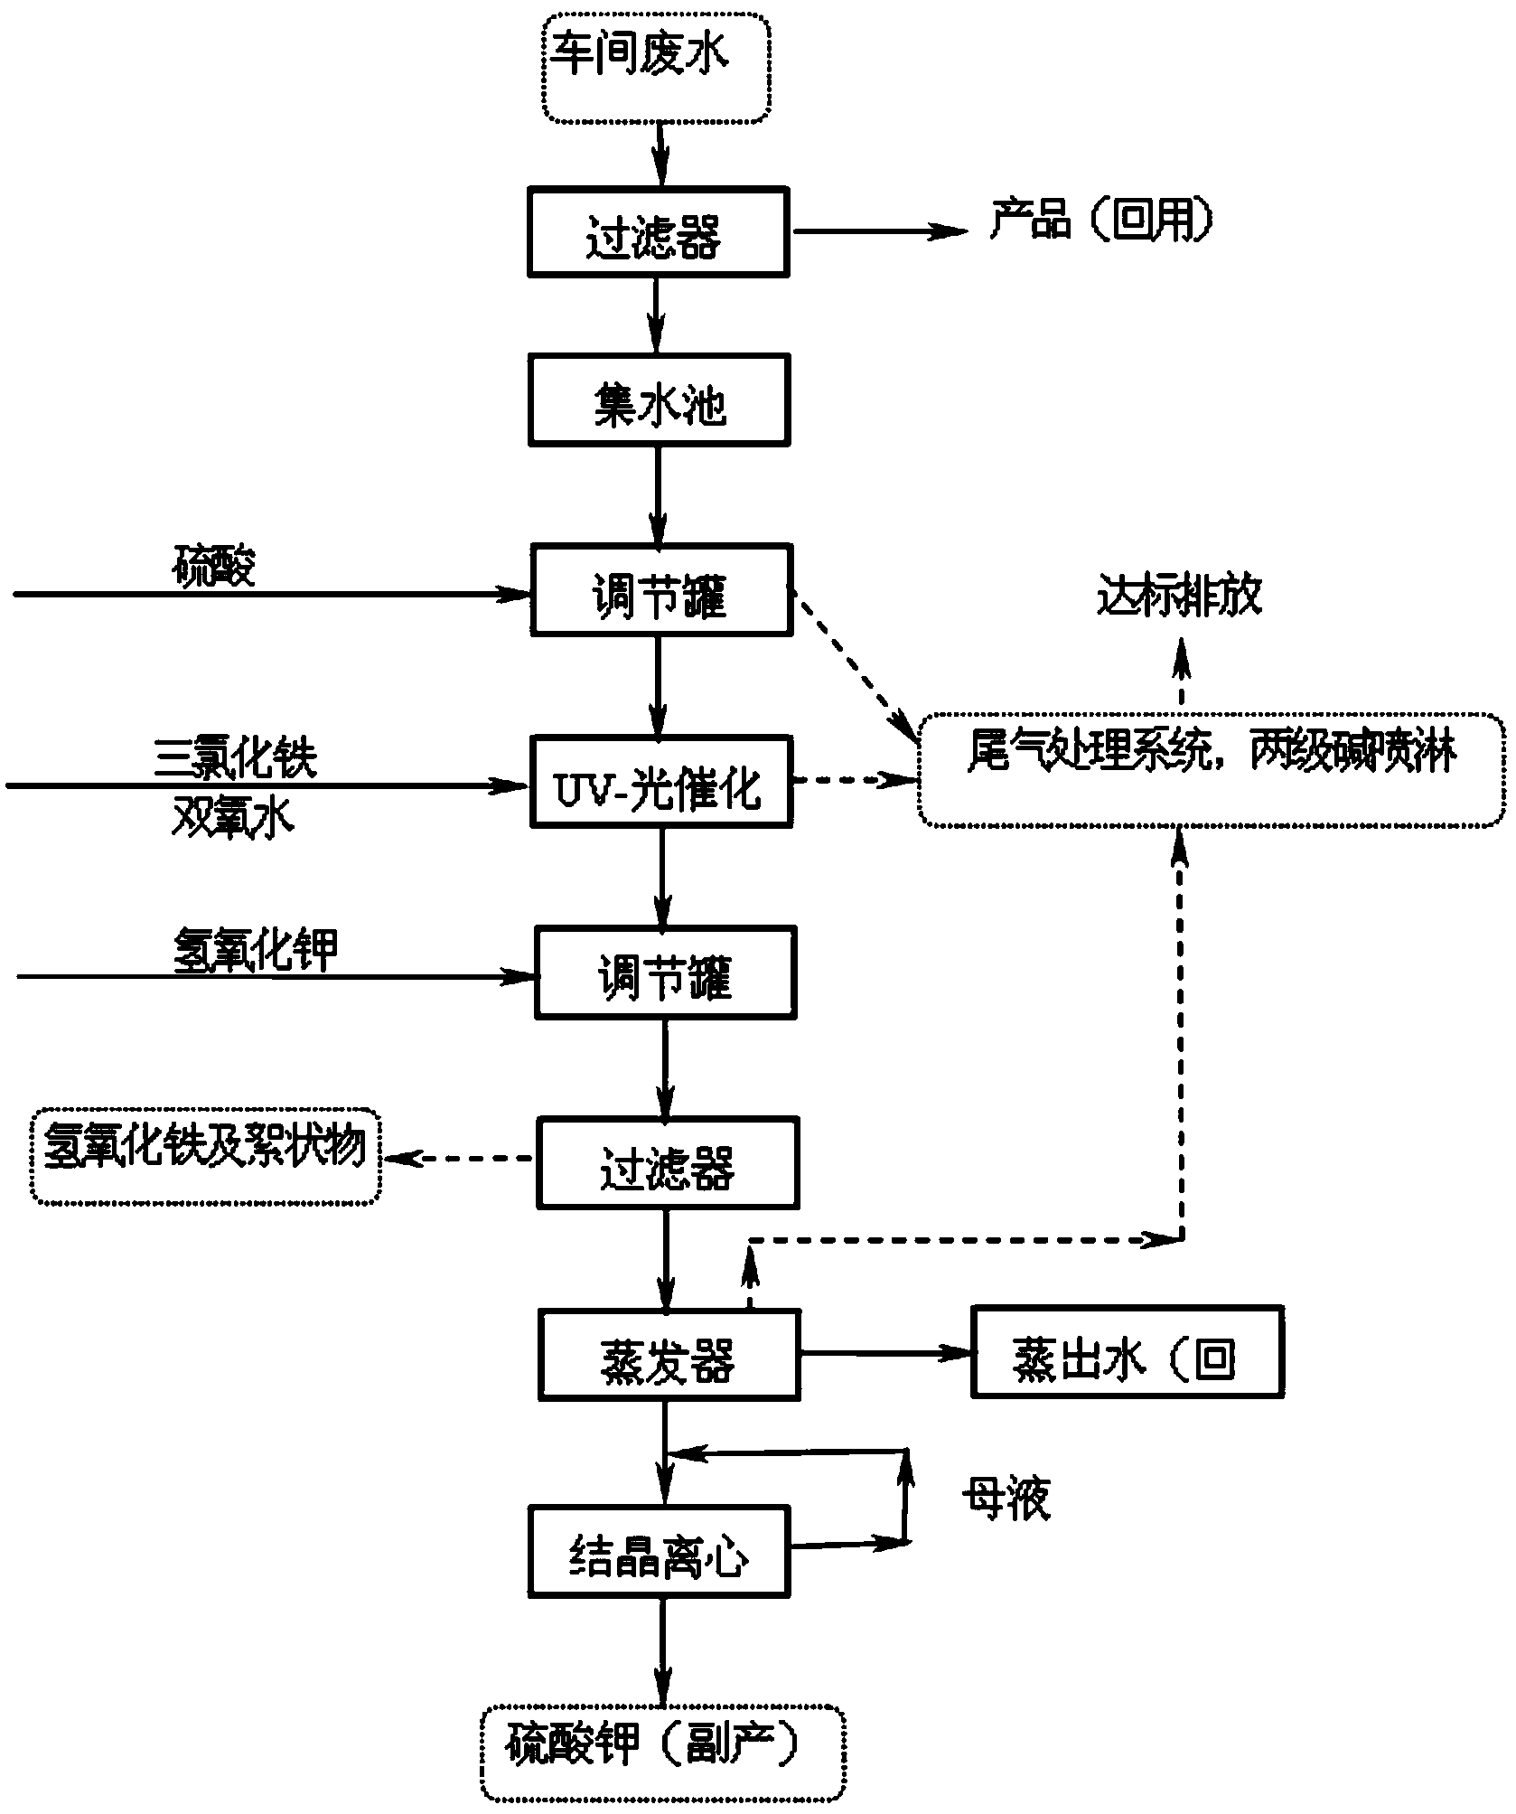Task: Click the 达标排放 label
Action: tap(1179, 597)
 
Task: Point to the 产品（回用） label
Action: tap(1100, 219)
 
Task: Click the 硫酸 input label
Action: tap(214, 567)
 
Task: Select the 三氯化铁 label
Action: tap(237, 757)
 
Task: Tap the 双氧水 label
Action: tap(233, 821)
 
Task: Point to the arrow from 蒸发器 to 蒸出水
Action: tap(885, 1353)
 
